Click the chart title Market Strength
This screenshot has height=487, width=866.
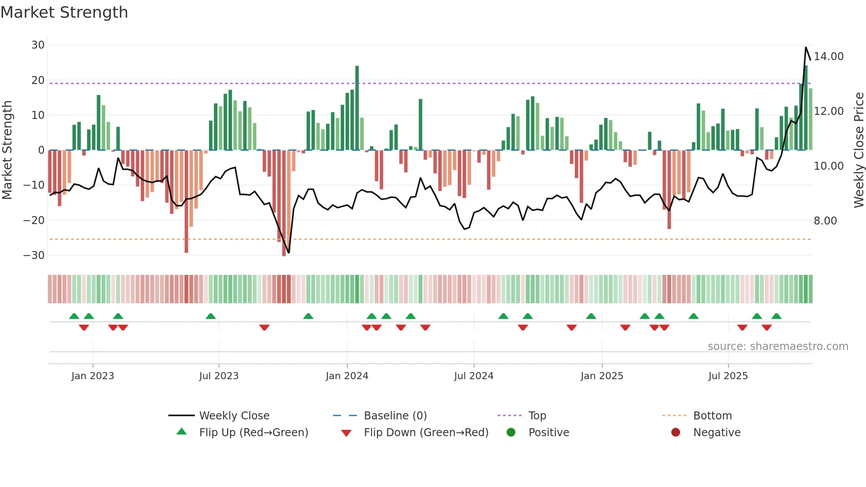point(64,12)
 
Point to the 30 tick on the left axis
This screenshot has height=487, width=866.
point(38,45)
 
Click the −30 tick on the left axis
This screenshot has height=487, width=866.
point(34,255)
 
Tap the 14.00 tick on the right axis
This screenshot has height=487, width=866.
point(828,57)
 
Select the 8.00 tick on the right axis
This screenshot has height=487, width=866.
point(825,221)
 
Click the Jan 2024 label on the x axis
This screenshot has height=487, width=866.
point(347,376)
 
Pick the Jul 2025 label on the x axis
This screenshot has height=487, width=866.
point(728,376)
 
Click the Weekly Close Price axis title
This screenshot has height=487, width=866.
point(858,150)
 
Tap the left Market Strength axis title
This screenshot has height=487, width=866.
point(7,150)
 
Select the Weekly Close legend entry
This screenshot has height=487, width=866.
point(234,416)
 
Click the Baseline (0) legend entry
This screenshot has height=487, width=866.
point(395,416)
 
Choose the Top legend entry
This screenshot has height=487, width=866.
point(537,416)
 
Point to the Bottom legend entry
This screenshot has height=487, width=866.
point(712,416)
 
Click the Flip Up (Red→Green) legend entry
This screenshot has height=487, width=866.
point(253,433)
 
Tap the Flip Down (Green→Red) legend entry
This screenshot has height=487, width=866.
point(426,433)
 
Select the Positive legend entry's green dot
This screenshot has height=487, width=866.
point(511,433)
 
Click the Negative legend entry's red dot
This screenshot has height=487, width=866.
point(676,433)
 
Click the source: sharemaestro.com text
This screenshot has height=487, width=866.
point(778,346)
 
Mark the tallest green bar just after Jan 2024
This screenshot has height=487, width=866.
point(357,108)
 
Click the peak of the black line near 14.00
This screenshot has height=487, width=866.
point(806,47)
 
